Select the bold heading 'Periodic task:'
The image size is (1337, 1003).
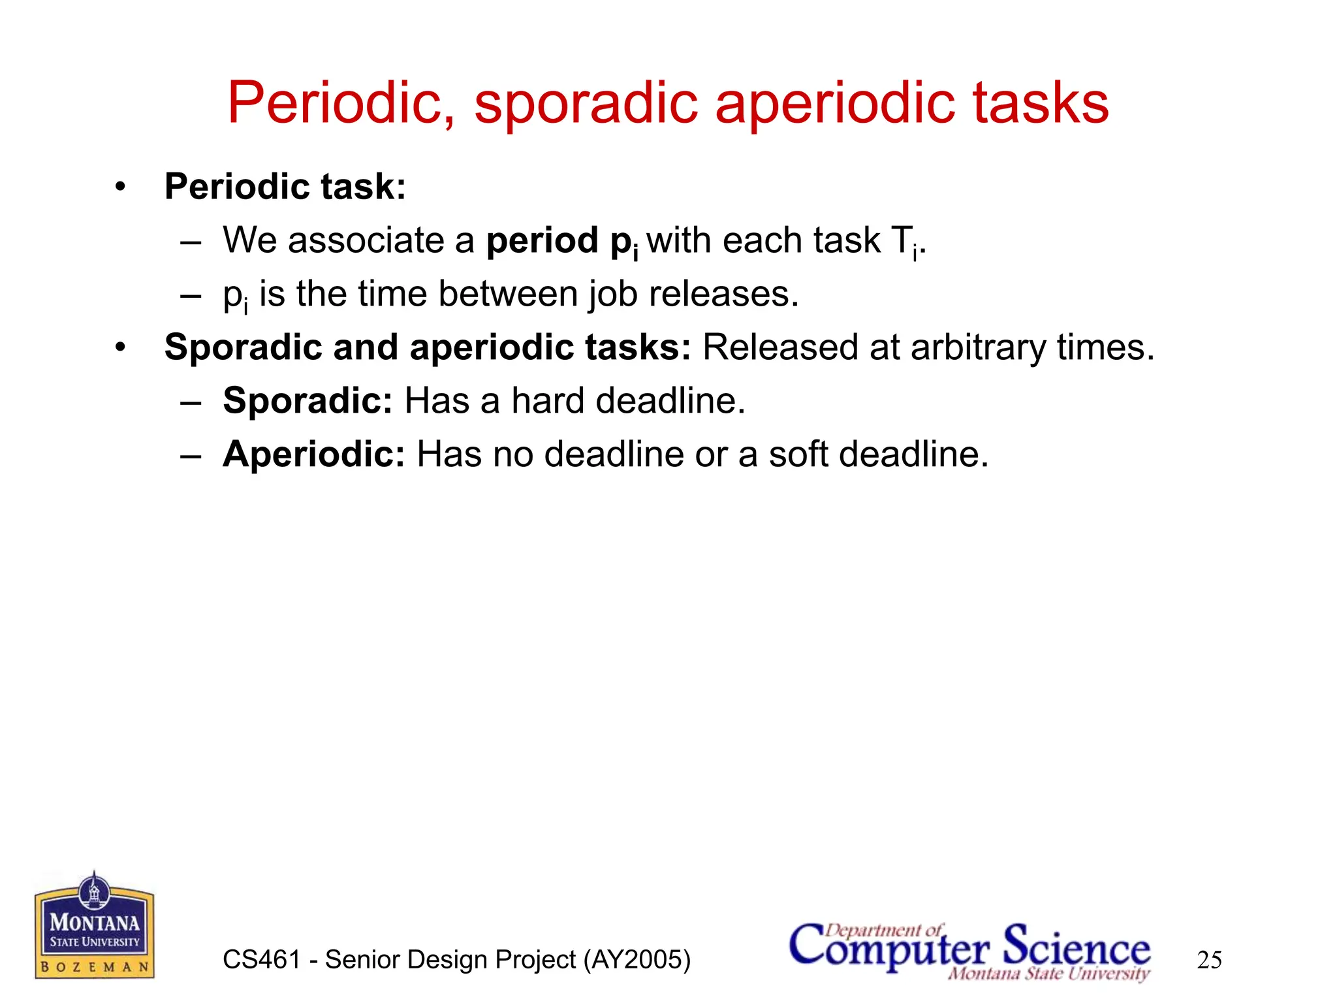[x=285, y=187]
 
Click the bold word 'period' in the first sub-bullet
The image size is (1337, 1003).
[x=542, y=240]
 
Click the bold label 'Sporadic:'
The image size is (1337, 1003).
[x=307, y=400]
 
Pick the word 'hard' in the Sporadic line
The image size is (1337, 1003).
[x=547, y=400]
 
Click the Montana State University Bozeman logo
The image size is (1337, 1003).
[x=95, y=927]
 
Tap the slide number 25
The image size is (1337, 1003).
[x=1209, y=960]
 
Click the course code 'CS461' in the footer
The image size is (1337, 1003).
[x=261, y=960]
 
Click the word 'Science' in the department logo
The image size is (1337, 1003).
[x=1077, y=947]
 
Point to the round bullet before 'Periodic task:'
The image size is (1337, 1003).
[x=119, y=187]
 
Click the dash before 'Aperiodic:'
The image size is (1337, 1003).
[x=190, y=455]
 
